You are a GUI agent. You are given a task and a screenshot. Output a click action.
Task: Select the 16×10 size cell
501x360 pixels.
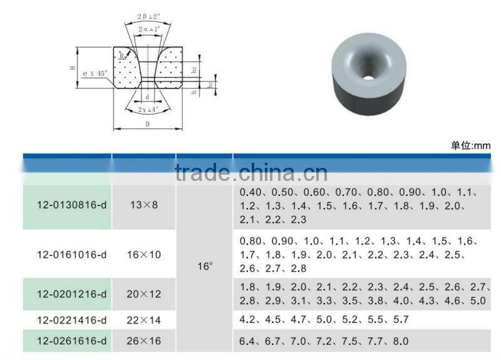(x=143, y=255)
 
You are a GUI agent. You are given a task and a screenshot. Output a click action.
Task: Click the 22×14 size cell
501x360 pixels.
(x=143, y=320)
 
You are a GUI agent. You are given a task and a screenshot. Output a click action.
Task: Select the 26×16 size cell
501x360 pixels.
(x=143, y=341)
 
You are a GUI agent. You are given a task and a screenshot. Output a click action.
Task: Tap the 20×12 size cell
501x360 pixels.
(x=143, y=294)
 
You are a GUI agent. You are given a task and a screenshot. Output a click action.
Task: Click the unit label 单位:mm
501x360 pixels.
(x=470, y=146)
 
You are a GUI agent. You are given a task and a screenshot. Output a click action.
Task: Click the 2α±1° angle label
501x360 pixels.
(x=147, y=29)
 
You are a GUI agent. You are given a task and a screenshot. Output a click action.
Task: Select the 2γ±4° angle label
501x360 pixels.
(x=147, y=110)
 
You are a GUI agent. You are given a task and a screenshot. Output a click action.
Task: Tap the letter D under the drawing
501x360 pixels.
(x=147, y=125)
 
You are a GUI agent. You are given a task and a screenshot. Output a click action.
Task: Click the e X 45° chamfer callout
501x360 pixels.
(x=95, y=74)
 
